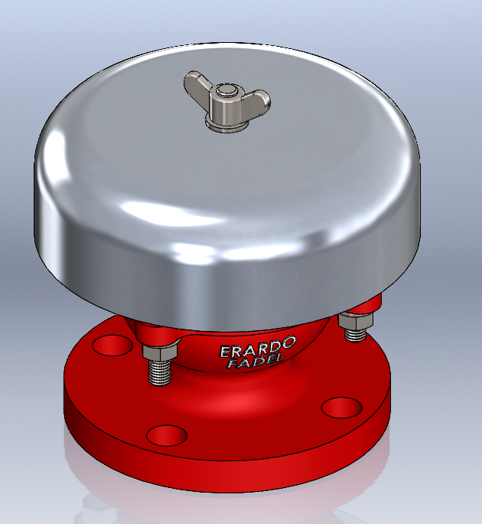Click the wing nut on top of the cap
pyautogui.click(x=226, y=102)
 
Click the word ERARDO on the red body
pyautogui.click(x=258, y=348)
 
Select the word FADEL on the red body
pyautogui.click(x=254, y=361)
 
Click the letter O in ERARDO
pyautogui.click(x=287, y=343)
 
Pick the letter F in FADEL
pyautogui.click(x=233, y=364)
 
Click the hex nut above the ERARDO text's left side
pyautogui.click(x=160, y=352)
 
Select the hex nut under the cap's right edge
pyautogui.click(x=355, y=321)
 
